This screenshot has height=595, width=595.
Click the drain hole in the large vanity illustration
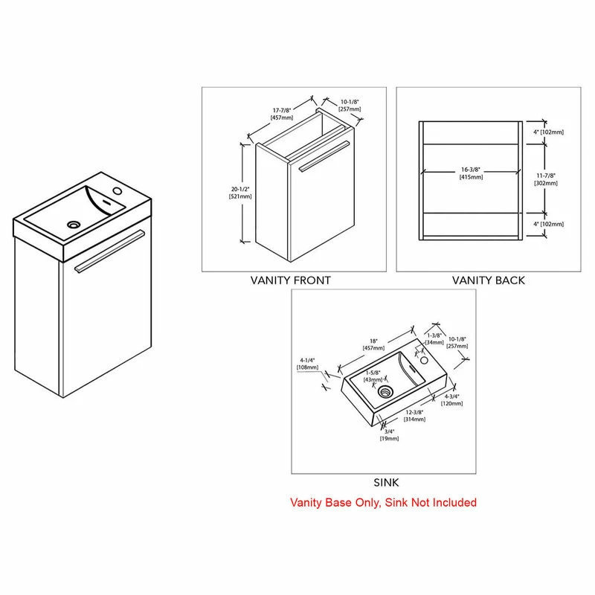(74, 225)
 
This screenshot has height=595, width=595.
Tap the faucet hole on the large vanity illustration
(118, 190)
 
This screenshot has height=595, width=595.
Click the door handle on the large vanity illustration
(110, 251)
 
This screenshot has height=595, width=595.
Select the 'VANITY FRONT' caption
(291, 280)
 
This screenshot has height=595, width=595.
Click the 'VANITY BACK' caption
(489, 280)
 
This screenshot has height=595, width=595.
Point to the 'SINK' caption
(386, 483)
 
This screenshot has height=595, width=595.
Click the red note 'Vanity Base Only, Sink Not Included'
(383, 503)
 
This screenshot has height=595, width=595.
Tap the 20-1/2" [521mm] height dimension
(240, 193)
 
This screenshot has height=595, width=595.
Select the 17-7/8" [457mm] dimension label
(282, 114)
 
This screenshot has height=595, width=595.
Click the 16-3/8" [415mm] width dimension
(471, 173)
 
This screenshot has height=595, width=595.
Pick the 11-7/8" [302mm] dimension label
(546, 179)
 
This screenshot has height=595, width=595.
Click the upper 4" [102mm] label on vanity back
(548, 132)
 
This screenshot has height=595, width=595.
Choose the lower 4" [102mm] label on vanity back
(548, 224)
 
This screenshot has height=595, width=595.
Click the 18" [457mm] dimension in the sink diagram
(374, 344)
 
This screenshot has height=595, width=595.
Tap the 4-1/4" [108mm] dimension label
(307, 364)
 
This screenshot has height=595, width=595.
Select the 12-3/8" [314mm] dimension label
(414, 416)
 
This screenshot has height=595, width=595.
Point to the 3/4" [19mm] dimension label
(389, 435)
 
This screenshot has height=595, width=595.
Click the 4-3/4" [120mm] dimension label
(451, 400)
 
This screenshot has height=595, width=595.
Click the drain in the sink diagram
(385, 392)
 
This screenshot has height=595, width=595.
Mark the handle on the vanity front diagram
(324, 156)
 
